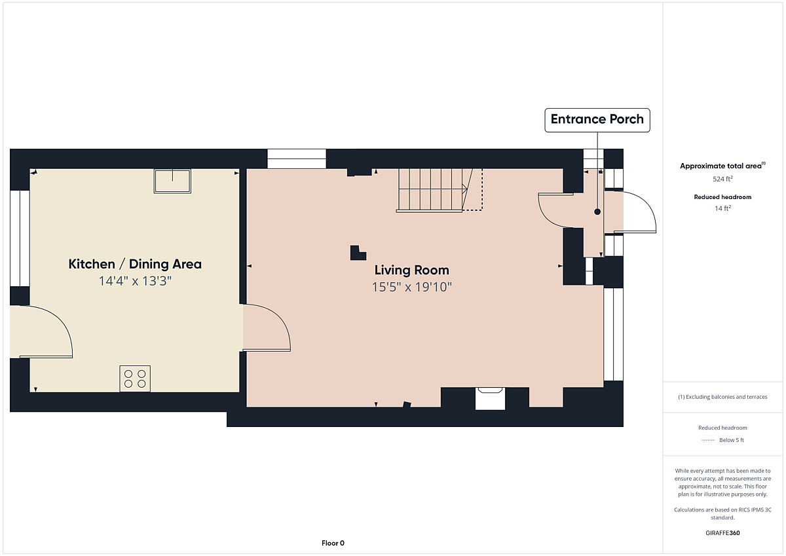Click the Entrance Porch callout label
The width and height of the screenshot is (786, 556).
(x=597, y=120)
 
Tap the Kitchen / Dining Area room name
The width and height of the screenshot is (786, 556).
(x=135, y=264)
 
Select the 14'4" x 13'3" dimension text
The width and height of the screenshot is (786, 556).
(x=135, y=281)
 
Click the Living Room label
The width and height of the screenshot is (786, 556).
(x=411, y=270)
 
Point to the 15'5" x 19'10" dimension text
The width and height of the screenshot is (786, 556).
(x=411, y=287)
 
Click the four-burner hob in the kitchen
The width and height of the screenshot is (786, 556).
(x=135, y=379)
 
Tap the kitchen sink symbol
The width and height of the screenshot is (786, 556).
(x=172, y=181)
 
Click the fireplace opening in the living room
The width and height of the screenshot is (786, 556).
(x=490, y=398)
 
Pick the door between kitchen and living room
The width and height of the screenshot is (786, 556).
(x=267, y=327)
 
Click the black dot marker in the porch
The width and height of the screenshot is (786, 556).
(x=597, y=212)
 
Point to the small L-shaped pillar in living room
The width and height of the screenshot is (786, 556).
(x=358, y=253)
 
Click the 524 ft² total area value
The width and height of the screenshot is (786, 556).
(x=722, y=179)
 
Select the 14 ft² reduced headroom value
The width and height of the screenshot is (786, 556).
(x=722, y=208)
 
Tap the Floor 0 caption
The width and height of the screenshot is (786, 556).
(x=333, y=543)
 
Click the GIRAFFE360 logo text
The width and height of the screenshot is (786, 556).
(x=722, y=533)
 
